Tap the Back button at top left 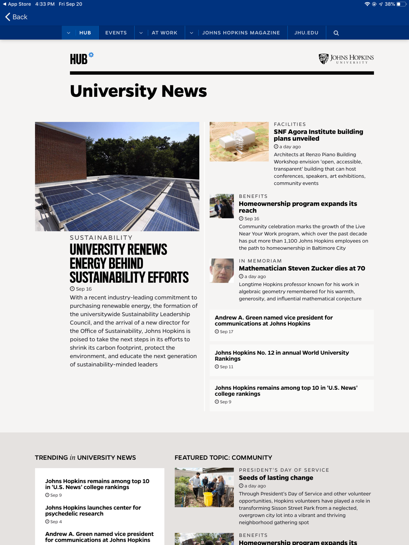click(16, 17)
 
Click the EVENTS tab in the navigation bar click(116, 33)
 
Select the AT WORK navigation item click(164, 33)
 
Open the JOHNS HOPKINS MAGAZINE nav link click(241, 33)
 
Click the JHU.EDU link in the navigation click(306, 33)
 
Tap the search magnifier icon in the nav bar click(336, 33)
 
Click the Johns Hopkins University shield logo click(324, 59)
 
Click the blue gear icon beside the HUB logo click(91, 55)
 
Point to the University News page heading click(138, 91)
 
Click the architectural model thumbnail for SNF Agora click(239, 141)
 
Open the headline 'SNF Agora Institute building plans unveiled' click(318, 135)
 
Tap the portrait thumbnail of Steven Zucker click(222, 270)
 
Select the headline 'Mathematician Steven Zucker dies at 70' click(302, 268)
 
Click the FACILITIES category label click(290, 124)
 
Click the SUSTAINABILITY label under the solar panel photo click(101, 238)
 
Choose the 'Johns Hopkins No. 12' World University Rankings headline click(281, 355)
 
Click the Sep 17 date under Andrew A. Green click(226, 332)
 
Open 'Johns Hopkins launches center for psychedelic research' click(93, 510)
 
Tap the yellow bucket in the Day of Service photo click(208, 498)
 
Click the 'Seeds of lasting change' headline click(276, 478)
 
